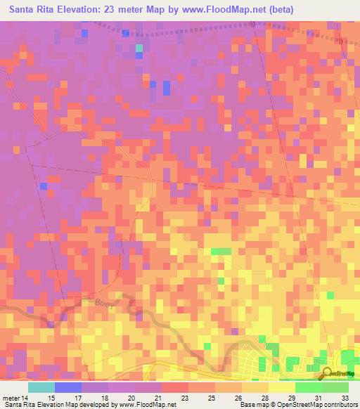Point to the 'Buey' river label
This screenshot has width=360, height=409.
[x=103, y=301]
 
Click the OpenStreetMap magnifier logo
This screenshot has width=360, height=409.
[x=327, y=374]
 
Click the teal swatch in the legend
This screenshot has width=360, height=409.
[x=41, y=387]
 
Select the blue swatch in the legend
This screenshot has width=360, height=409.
[x=68, y=387]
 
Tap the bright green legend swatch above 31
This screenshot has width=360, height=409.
[x=309, y=387]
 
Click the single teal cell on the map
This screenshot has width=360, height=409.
[x=139, y=48]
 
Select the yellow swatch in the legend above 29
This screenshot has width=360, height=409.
[x=282, y=387]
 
